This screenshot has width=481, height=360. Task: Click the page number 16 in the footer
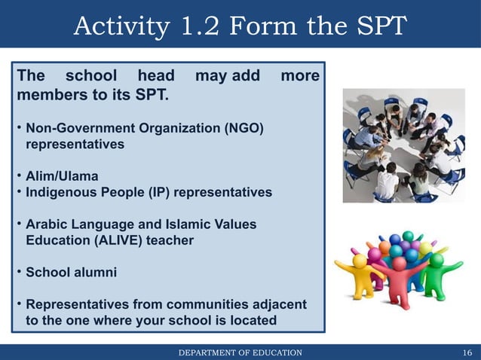coord(467,352)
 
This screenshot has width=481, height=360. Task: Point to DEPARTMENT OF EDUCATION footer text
coord(240,352)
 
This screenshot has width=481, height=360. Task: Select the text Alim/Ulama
coord(62,176)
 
